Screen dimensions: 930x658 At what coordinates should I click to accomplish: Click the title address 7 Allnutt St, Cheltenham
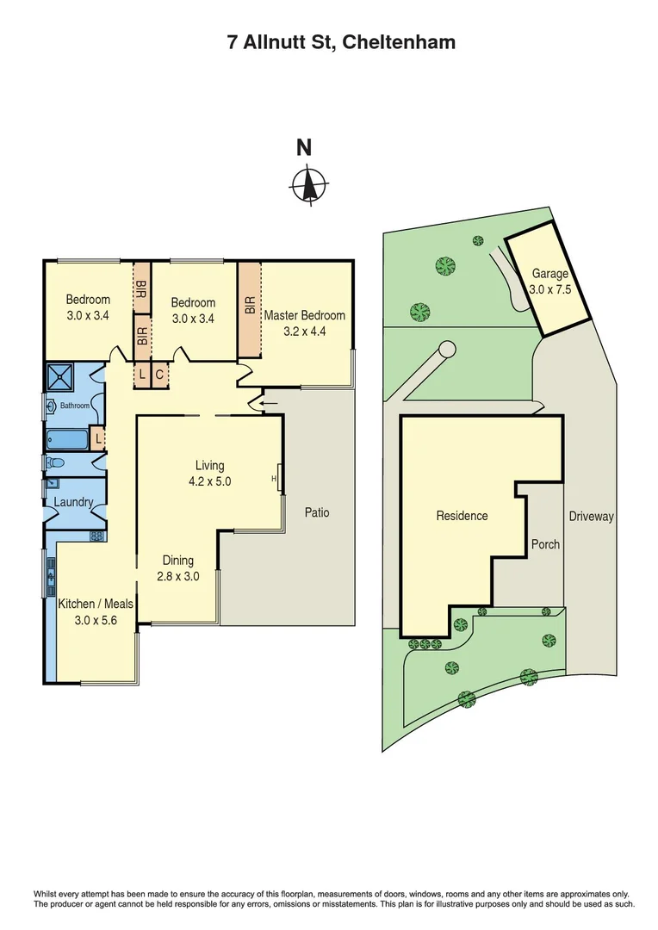(329, 42)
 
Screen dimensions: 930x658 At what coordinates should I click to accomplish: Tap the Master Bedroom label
(304, 315)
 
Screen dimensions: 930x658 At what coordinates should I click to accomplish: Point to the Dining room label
(177, 561)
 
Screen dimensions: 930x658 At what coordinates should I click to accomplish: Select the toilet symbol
(54, 462)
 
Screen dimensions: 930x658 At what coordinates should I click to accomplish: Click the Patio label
(317, 512)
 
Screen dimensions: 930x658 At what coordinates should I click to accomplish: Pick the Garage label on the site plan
(550, 274)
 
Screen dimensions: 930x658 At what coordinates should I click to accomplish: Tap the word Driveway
(591, 517)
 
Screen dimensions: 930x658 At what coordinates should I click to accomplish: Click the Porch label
(545, 544)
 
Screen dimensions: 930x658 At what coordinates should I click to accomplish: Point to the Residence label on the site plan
(462, 516)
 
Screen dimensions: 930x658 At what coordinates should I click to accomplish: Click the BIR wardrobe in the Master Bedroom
(249, 309)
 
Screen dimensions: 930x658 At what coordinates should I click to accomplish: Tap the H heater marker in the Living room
(275, 479)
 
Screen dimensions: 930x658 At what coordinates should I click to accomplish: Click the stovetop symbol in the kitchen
(96, 536)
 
